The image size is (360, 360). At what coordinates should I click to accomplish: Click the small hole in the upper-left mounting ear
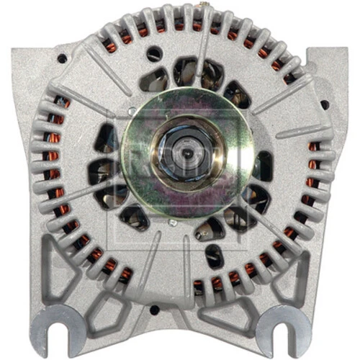63,58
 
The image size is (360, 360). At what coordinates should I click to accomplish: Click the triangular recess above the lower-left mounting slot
58,270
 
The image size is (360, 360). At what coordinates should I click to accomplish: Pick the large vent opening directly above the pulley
189,70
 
